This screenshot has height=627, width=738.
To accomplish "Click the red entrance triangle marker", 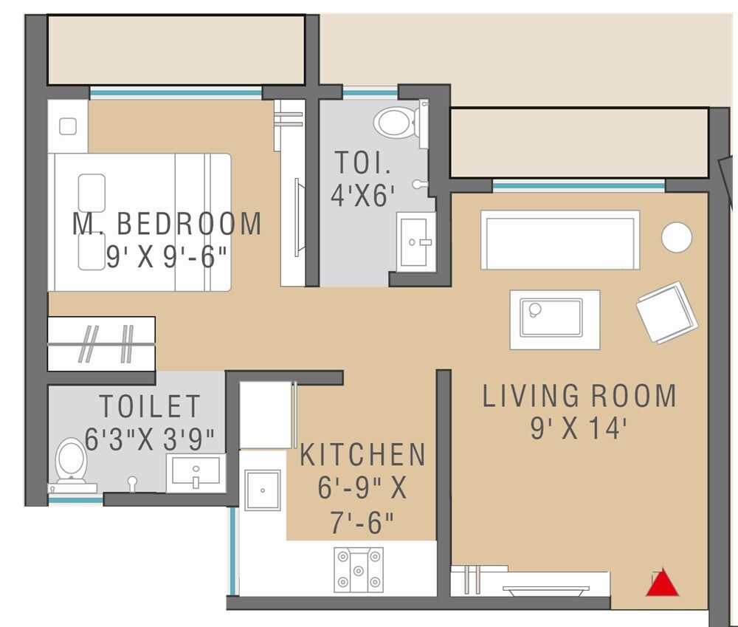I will (662, 583).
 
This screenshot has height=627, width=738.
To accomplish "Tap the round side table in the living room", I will (676, 238).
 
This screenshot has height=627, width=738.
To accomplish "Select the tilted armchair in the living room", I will (667, 312).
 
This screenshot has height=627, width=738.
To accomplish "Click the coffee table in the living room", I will (554, 319).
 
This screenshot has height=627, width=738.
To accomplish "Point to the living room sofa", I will (560, 241).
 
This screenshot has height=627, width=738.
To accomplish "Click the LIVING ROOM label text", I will (579, 397).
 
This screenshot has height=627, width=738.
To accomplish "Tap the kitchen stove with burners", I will (359, 569).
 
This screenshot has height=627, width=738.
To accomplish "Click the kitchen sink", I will (263, 490).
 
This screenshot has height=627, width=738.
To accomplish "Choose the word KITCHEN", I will (362, 455).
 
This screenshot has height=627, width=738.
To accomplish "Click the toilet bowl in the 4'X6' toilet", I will (396, 123).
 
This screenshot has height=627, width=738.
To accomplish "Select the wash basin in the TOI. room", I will (415, 241).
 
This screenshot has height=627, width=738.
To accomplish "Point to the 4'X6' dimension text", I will (363, 196).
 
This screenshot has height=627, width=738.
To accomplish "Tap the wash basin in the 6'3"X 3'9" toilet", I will (196, 472).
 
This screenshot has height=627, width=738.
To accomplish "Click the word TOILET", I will (150, 407).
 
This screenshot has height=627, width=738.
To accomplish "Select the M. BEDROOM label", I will (167, 224).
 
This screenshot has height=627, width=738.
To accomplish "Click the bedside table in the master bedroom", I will (68, 126).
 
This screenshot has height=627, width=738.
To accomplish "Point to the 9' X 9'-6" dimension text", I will (166, 257).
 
